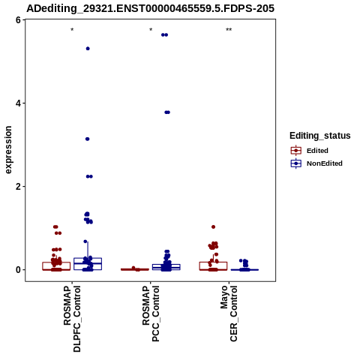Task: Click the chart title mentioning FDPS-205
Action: coord(151,8)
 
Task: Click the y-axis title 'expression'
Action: coord(8,150)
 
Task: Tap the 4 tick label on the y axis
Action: coord(18,103)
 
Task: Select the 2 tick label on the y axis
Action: coord(18,187)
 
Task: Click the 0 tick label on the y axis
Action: coord(18,270)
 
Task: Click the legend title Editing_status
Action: coord(320,136)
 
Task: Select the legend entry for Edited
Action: coord(317,151)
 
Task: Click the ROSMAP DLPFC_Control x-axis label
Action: coord(72,319)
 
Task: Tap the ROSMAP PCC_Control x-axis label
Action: coord(151,313)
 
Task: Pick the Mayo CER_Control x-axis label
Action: coord(229,313)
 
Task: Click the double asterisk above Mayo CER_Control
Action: coord(229,30)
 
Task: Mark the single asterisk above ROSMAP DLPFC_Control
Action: coord(72,30)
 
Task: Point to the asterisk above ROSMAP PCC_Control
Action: coord(151,30)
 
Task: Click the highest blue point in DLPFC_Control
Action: coord(88,49)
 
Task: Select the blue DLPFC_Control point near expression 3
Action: coord(87,139)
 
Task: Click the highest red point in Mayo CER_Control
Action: coord(213,227)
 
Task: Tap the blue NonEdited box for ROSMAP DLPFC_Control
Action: coord(88,264)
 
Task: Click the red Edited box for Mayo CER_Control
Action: coord(213,266)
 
